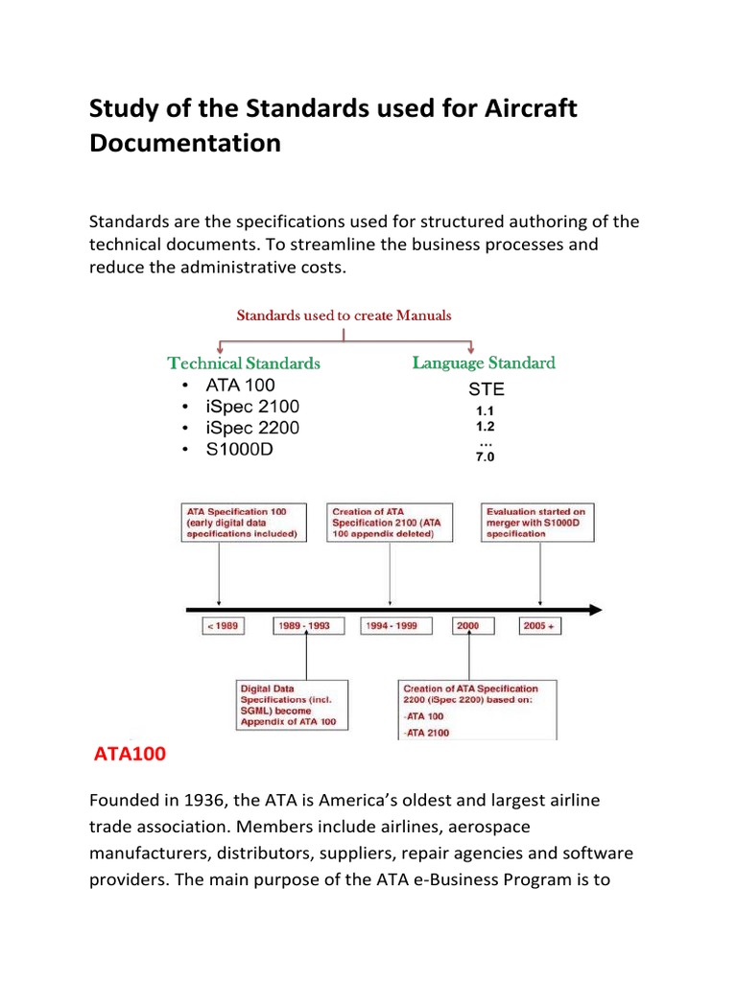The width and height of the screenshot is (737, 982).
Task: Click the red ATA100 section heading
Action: [x=130, y=755]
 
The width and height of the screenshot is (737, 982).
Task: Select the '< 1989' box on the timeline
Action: [x=222, y=625]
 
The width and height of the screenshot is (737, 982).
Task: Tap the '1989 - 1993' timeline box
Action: [x=304, y=625]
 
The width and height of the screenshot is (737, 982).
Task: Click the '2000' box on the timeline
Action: [x=468, y=625]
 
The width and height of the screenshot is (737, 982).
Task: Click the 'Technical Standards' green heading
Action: [x=244, y=363]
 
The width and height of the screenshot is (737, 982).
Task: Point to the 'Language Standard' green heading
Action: [x=484, y=362]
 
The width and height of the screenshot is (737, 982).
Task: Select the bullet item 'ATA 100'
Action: [x=240, y=386]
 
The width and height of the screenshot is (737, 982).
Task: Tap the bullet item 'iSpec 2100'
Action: [x=252, y=407]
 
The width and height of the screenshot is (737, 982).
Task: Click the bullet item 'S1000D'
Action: [x=239, y=449]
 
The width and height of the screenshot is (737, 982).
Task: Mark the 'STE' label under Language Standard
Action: [x=486, y=389]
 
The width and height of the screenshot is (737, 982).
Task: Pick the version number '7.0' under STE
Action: [x=486, y=457]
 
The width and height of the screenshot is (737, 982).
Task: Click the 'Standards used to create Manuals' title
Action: [x=344, y=316]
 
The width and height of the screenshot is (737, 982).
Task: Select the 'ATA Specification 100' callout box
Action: [x=244, y=523]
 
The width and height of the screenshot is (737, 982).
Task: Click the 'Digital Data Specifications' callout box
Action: [x=293, y=705]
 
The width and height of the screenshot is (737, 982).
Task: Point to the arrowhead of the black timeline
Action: [x=595, y=609]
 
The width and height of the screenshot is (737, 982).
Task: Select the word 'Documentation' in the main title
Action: [x=185, y=143]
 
